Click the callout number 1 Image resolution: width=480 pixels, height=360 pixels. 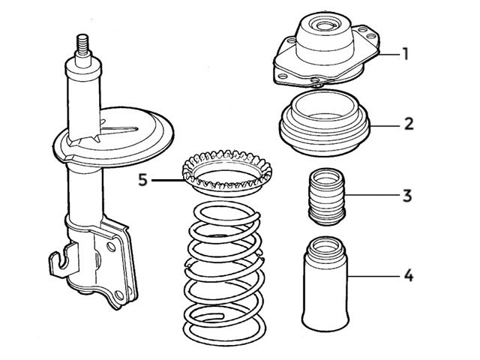pyautogui.click(x=405, y=54)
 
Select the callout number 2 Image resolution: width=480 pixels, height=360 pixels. pyautogui.click(x=408, y=124)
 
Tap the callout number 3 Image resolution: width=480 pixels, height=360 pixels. pyautogui.click(x=406, y=196)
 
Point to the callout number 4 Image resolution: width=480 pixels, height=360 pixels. pyautogui.click(x=408, y=276)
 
